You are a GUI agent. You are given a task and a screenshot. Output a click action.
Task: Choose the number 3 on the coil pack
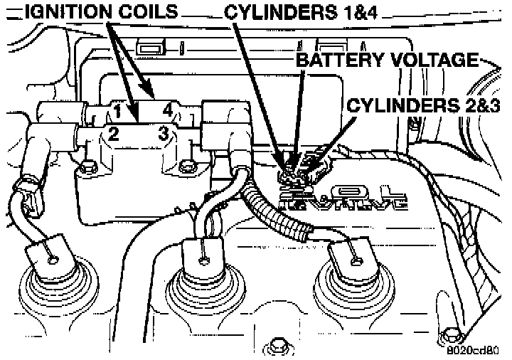[163, 132]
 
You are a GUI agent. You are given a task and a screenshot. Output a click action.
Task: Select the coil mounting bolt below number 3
[188, 168]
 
